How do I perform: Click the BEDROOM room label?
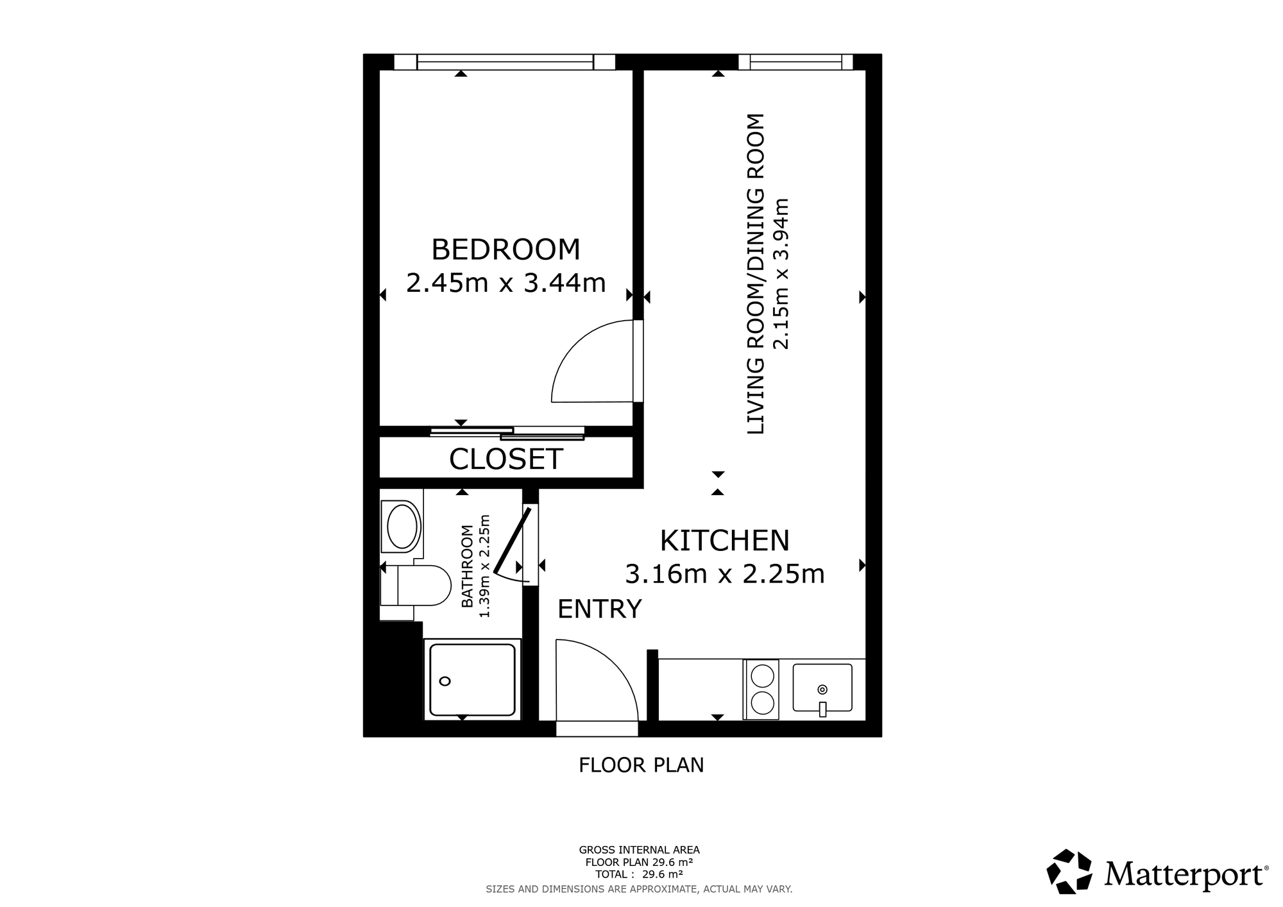point(506,250)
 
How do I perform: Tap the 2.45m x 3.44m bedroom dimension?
point(506,282)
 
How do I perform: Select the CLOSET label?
point(506,459)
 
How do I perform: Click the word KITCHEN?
point(724,541)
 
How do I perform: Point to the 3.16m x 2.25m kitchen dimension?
point(724,573)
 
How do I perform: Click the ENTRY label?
point(599,609)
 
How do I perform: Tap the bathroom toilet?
point(416,585)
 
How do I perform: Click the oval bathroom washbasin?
point(402,527)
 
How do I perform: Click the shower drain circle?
point(445,681)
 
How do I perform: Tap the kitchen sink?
point(822,688)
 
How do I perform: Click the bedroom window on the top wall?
point(504,62)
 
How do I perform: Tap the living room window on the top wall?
point(795,62)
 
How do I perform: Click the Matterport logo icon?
point(1069,871)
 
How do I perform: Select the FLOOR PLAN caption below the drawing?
point(641,765)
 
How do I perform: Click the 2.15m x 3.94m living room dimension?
point(781,274)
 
